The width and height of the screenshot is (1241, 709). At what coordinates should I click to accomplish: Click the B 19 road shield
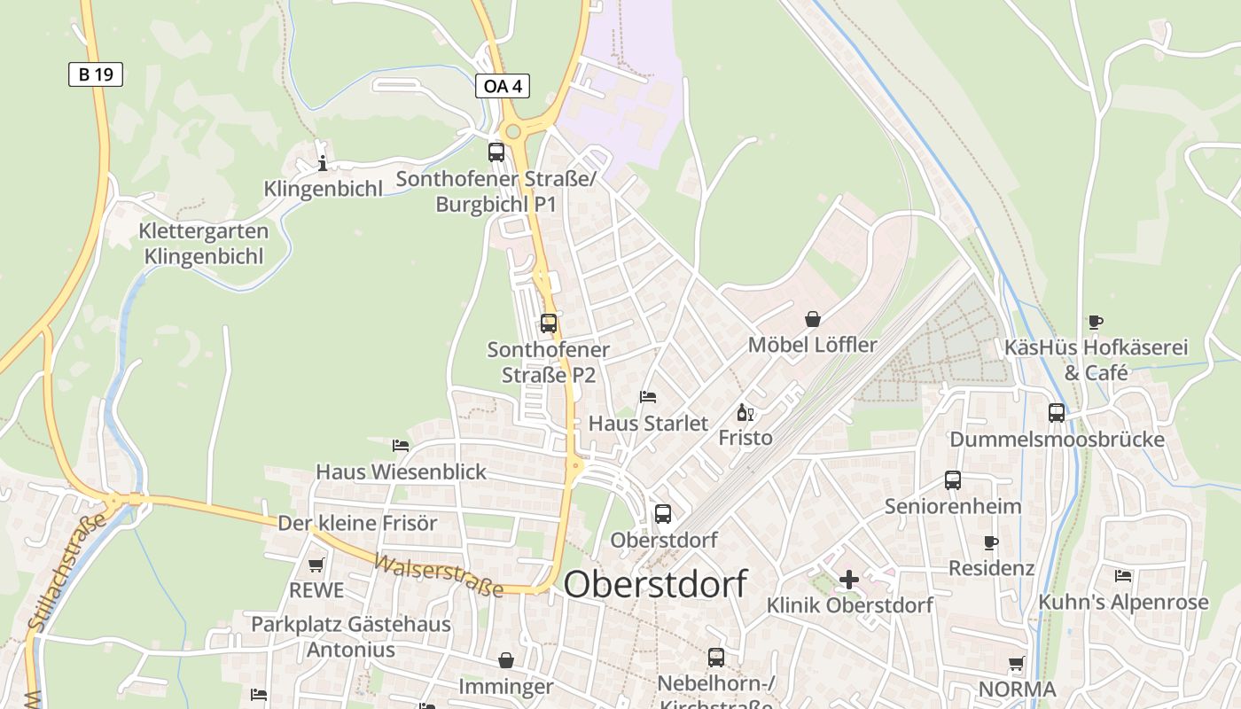tap(96, 74)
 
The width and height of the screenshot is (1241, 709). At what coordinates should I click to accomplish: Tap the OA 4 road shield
tap(503, 86)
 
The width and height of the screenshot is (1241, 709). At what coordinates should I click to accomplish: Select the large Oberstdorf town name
tap(655, 584)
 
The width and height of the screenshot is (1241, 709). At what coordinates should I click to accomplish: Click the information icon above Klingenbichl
tap(323, 163)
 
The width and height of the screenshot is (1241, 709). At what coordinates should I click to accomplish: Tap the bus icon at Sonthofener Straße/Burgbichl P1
tap(496, 152)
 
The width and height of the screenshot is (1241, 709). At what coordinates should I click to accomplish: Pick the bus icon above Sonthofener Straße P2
tap(549, 323)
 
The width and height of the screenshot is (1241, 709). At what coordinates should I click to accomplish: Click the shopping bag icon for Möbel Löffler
tap(812, 319)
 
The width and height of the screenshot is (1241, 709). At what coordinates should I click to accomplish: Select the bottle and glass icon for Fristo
tap(745, 412)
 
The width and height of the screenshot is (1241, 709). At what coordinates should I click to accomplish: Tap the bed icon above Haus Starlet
tap(648, 397)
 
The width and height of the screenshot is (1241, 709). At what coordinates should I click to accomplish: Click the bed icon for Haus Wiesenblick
tap(401, 445)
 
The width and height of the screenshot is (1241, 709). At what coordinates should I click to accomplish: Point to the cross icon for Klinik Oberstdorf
tap(849, 580)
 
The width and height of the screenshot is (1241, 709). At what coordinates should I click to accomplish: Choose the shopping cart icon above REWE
tap(316, 565)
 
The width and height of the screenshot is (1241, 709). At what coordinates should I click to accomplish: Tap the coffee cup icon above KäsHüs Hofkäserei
tap(1096, 322)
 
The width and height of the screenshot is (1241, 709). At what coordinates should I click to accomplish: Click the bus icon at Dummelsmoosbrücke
tap(1057, 412)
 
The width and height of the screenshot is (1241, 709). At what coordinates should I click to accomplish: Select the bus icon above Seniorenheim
tap(953, 480)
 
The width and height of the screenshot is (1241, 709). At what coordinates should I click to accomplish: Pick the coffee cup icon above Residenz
tap(991, 542)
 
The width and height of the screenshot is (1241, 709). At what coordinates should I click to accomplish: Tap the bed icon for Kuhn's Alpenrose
tap(1123, 576)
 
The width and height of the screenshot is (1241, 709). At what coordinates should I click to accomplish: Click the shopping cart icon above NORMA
tap(1016, 663)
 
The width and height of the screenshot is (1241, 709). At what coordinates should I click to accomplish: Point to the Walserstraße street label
tap(438, 576)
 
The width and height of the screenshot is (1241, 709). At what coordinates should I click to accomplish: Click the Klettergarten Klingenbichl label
tap(204, 244)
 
